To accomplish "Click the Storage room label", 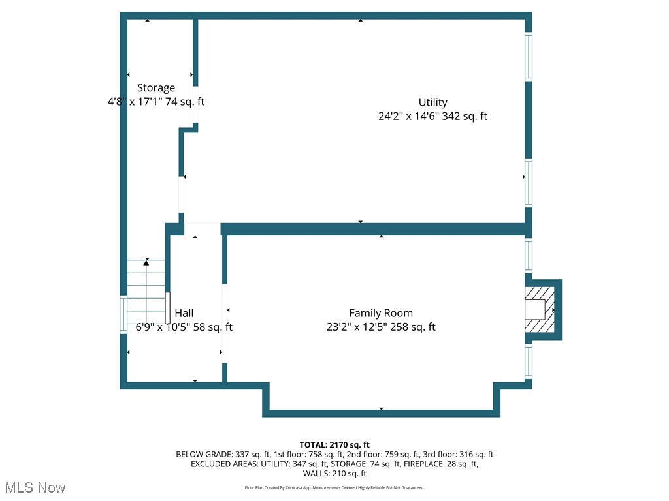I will (x=155, y=87).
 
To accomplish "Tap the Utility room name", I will (x=432, y=102).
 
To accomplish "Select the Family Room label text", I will (x=380, y=313).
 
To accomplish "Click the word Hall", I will (x=184, y=313).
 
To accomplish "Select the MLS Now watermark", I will (x=35, y=487).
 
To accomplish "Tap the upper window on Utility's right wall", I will (x=529, y=57).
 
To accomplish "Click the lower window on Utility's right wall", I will (x=529, y=183).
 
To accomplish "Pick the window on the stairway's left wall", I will (x=123, y=315).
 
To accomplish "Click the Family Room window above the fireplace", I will (x=529, y=254).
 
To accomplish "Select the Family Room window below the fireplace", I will (x=529, y=361).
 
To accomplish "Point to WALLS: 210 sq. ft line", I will (x=334, y=474).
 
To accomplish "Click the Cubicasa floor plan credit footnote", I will (x=334, y=488).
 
